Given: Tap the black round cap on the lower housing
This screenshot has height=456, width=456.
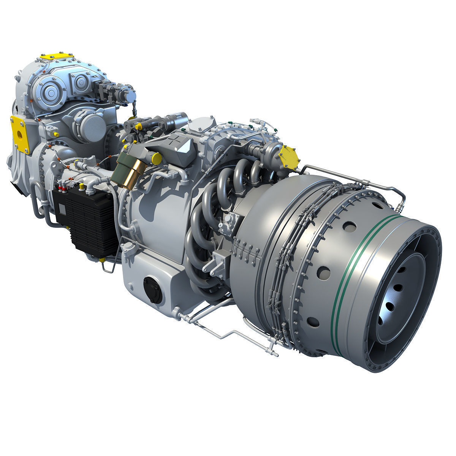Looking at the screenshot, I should (152, 288).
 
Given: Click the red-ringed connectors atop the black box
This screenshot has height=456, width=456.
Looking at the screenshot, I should (61, 188).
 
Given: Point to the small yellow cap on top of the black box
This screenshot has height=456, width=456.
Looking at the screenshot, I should (81, 186).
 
